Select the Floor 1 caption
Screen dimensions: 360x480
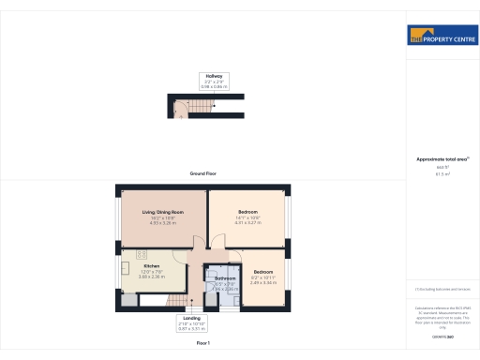click(x=202, y=345)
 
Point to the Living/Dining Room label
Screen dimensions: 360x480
click(x=162, y=213)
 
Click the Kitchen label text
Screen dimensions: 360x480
click(x=151, y=266)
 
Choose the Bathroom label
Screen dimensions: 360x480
click(x=225, y=278)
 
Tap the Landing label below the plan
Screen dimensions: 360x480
click(x=190, y=318)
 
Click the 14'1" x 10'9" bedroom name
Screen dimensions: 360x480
click(x=247, y=212)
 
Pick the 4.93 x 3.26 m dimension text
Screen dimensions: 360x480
click(x=162, y=223)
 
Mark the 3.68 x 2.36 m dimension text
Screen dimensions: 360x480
click(x=151, y=277)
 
